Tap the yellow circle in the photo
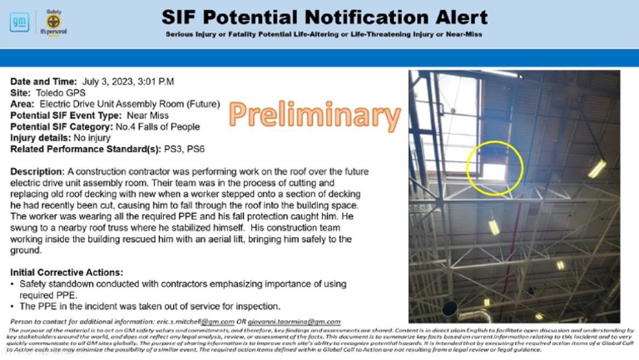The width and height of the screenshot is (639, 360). [x=494, y=163]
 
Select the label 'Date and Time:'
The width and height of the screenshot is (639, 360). [x=43, y=81]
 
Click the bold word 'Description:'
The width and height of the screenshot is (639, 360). [x=38, y=170]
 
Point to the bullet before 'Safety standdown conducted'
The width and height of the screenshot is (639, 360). [x=14, y=284]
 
